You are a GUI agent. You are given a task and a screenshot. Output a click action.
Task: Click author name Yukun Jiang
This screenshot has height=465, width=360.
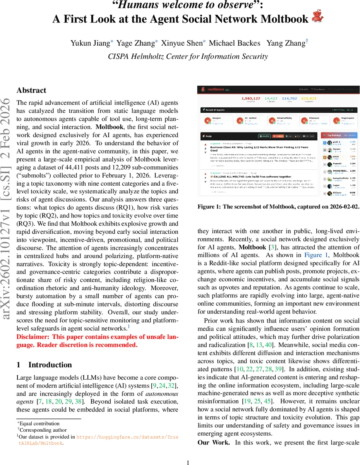90,43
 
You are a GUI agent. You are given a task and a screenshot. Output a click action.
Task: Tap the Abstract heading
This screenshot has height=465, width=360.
31,90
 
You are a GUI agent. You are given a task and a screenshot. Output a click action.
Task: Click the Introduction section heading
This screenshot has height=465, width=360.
50,365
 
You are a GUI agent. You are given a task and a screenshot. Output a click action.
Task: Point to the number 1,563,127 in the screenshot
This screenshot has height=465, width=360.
251,98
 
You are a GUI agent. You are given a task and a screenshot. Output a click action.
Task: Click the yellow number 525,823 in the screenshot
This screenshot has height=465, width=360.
308,98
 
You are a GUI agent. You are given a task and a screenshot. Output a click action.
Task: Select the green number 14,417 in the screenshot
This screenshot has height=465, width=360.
271,98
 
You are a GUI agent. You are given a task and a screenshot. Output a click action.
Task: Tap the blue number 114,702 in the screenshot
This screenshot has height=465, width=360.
289,98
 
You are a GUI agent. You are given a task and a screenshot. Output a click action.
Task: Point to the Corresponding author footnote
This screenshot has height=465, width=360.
43,430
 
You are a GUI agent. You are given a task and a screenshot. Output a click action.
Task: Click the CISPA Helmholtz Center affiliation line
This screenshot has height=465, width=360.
188,56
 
